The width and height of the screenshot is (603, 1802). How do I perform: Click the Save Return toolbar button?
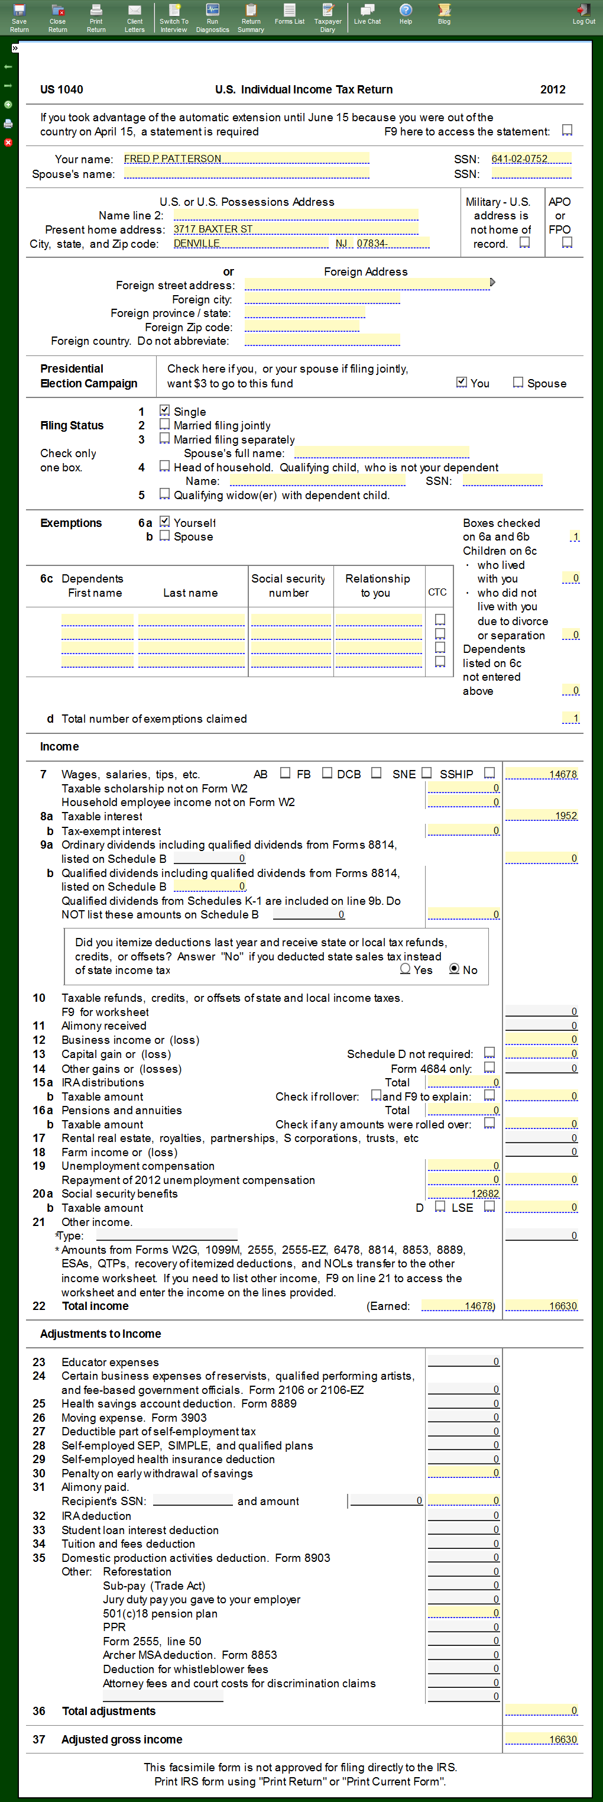point(19,17)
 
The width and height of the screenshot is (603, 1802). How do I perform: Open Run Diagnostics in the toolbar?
point(212,17)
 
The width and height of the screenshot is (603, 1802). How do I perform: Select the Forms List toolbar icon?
point(289,14)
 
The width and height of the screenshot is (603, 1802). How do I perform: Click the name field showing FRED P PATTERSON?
point(245,159)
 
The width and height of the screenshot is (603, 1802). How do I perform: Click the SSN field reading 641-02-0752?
point(531,159)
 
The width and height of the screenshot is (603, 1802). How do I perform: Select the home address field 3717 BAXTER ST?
point(295,229)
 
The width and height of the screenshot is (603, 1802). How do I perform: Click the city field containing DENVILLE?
point(251,244)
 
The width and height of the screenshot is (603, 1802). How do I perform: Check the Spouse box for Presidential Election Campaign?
point(518,382)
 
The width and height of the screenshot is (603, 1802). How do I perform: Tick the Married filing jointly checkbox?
point(164,424)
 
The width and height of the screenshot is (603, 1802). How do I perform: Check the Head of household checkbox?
point(164,466)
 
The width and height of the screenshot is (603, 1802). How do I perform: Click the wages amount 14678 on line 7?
point(542,774)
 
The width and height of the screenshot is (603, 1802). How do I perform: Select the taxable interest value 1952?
point(542,816)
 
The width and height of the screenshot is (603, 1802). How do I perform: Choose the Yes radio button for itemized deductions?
point(405,969)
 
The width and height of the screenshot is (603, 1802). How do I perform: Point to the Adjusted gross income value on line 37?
point(542,1739)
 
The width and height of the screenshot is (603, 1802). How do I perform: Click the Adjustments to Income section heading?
point(100,1333)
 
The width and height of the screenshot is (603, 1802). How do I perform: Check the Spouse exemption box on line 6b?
point(164,536)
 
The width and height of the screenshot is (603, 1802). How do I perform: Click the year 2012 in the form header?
point(553,89)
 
